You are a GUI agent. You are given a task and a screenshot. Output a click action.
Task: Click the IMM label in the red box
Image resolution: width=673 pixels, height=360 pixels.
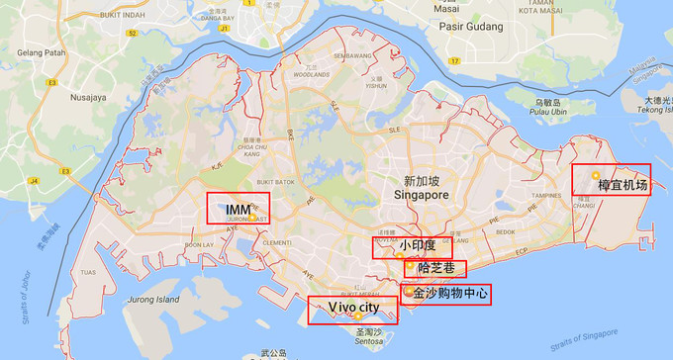pyautogui.click(x=238, y=210)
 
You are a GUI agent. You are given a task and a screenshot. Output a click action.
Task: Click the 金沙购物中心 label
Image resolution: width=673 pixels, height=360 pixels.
pyautogui.click(x=450, y=294)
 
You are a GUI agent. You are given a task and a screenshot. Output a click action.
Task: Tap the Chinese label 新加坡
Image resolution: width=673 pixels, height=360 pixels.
pyautogui.click(x=424, y=181)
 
